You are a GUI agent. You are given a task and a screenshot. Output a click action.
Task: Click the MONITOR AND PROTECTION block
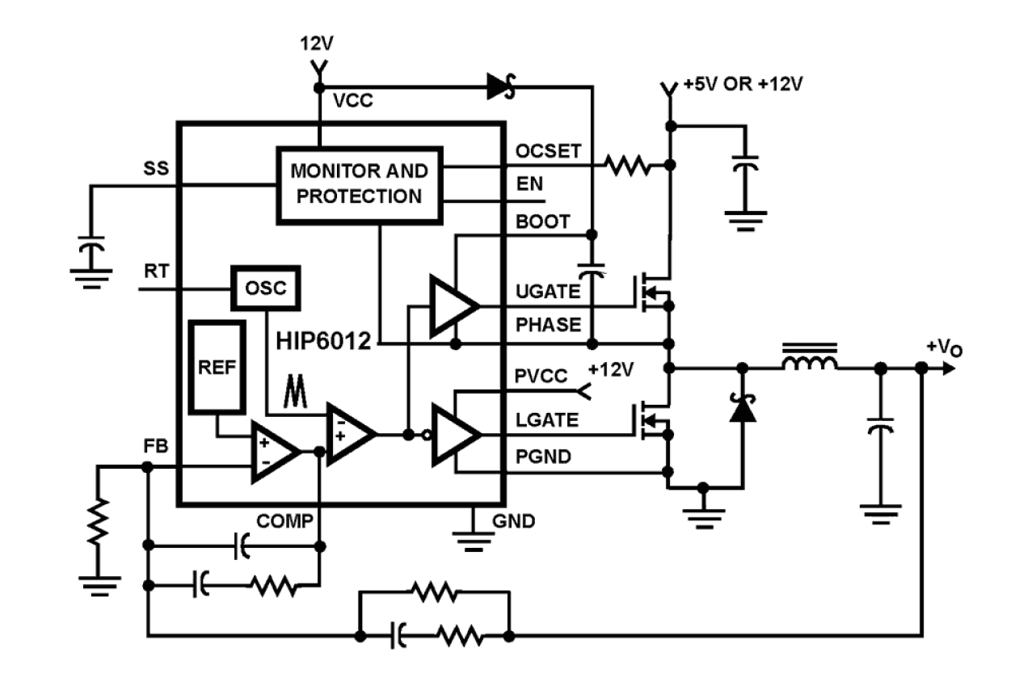[x=360, y=185]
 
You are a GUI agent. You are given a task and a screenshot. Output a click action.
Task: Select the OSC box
[x=266, y=287]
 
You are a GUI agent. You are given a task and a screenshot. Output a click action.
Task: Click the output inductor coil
[x=809, y=360]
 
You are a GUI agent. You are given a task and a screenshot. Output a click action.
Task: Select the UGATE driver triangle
[x=452, y=306]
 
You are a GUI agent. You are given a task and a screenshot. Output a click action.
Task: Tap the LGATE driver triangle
[x=454, y=436]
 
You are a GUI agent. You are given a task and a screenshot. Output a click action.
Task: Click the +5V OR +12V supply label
[x=743, y=84]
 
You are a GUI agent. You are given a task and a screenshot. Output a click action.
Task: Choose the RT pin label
[x=155, y=272]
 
